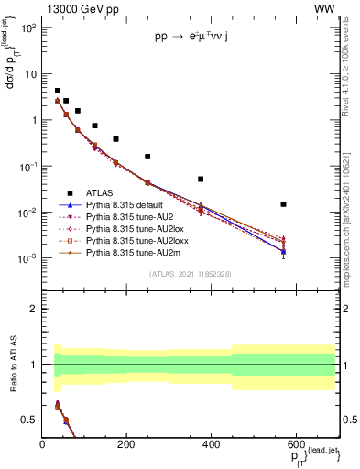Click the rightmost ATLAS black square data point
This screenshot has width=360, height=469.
[284, 204]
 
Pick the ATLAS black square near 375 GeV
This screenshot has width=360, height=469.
[201, 180]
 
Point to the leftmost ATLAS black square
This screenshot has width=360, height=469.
[57, 92]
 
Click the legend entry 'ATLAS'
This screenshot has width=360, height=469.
[104, 193]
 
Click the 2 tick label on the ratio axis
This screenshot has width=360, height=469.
[34, 309]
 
